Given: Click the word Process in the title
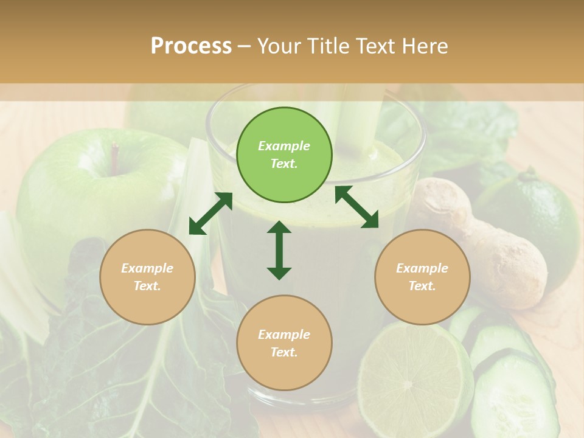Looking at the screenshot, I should click(191, 46).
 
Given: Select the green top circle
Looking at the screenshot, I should click(284, 155).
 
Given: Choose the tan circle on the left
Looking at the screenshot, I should click(147, 277).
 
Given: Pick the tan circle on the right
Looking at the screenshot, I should click(422, 277).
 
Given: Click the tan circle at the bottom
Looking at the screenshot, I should click(284, 342).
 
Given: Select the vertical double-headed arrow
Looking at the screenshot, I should click(279, 250).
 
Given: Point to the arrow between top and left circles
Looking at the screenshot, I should click(210, 214).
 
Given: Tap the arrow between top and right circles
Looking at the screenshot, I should click(356, 207).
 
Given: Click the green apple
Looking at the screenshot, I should click(91, 195).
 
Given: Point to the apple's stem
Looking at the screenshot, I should click(114, 155).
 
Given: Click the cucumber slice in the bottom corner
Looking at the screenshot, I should click(511, 395).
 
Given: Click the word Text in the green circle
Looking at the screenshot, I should click(284, 164).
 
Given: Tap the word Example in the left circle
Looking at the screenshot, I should click(147, 268).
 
